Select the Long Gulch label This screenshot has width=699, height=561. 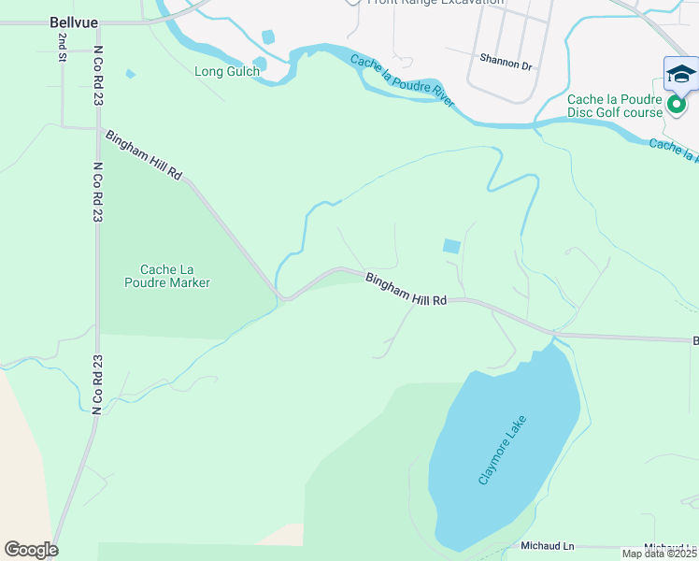tap(226, 71)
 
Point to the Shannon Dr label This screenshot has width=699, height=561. tap(505, 65)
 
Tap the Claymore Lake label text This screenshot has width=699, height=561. tap(504, 450)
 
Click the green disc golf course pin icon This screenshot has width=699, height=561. tap(676, 108)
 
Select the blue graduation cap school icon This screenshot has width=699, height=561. tap(680, 75)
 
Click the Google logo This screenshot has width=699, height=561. tap(31, 549)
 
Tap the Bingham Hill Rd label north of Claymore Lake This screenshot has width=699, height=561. tap(407, 288)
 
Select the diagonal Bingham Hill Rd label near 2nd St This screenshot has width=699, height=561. tap(143, 155)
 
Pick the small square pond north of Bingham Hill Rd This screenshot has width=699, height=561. tap(451, 246)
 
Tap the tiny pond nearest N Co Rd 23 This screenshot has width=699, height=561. tap(130, 74)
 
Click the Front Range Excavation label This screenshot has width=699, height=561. tap(435, 3)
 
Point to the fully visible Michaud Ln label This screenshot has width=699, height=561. tap(548, 545)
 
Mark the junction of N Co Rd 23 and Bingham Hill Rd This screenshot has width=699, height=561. tap(98, 129)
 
